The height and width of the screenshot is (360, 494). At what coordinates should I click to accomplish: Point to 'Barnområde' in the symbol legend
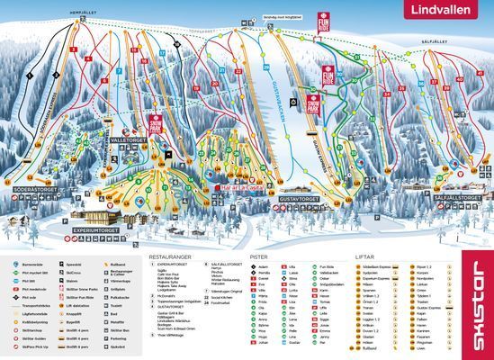tap(31, 266)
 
